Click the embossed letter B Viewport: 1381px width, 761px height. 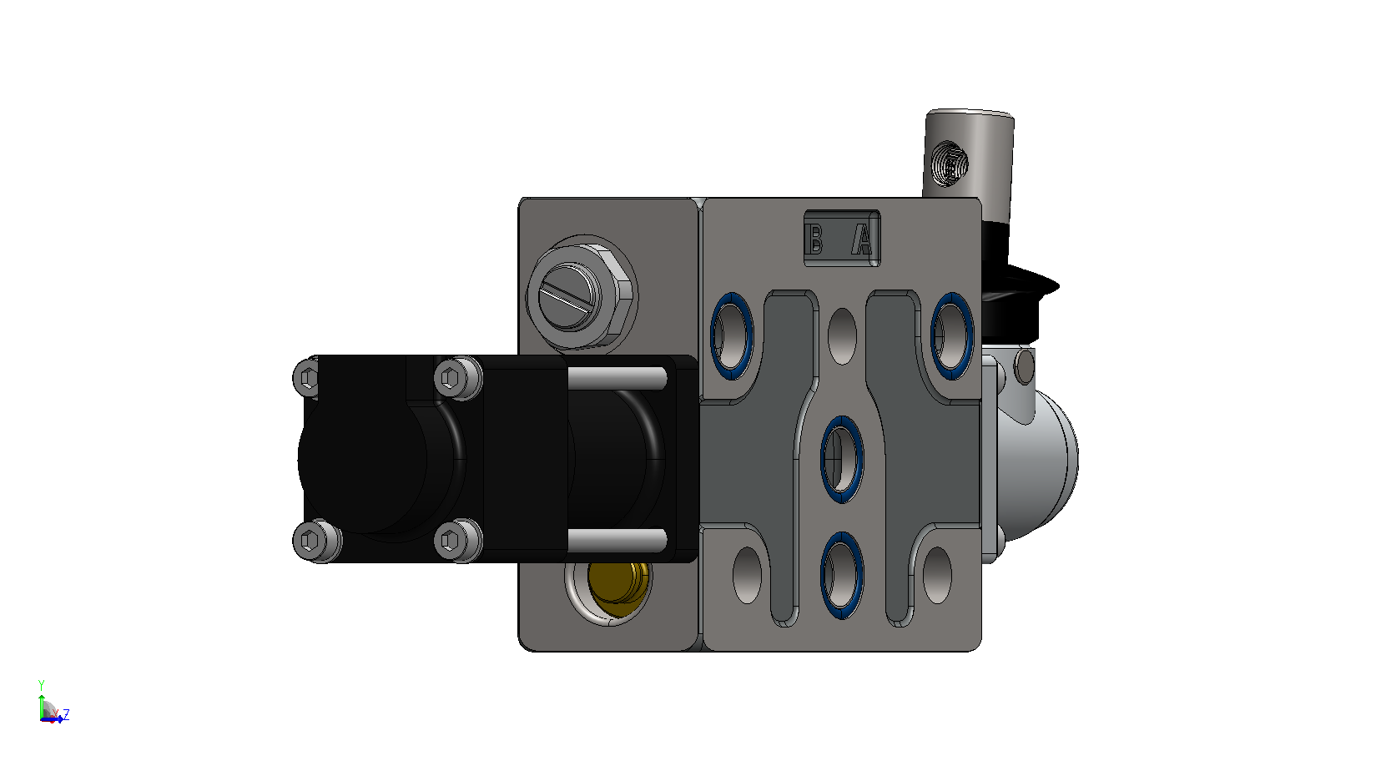point(815,239)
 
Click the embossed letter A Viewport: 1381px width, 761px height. point(863,239)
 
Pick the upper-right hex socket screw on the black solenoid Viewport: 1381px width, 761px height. point(458,377)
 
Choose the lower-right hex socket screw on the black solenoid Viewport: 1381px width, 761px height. point(458,541)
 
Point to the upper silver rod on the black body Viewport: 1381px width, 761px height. point(617,378)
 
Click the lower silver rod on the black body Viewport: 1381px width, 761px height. point(617,540)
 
